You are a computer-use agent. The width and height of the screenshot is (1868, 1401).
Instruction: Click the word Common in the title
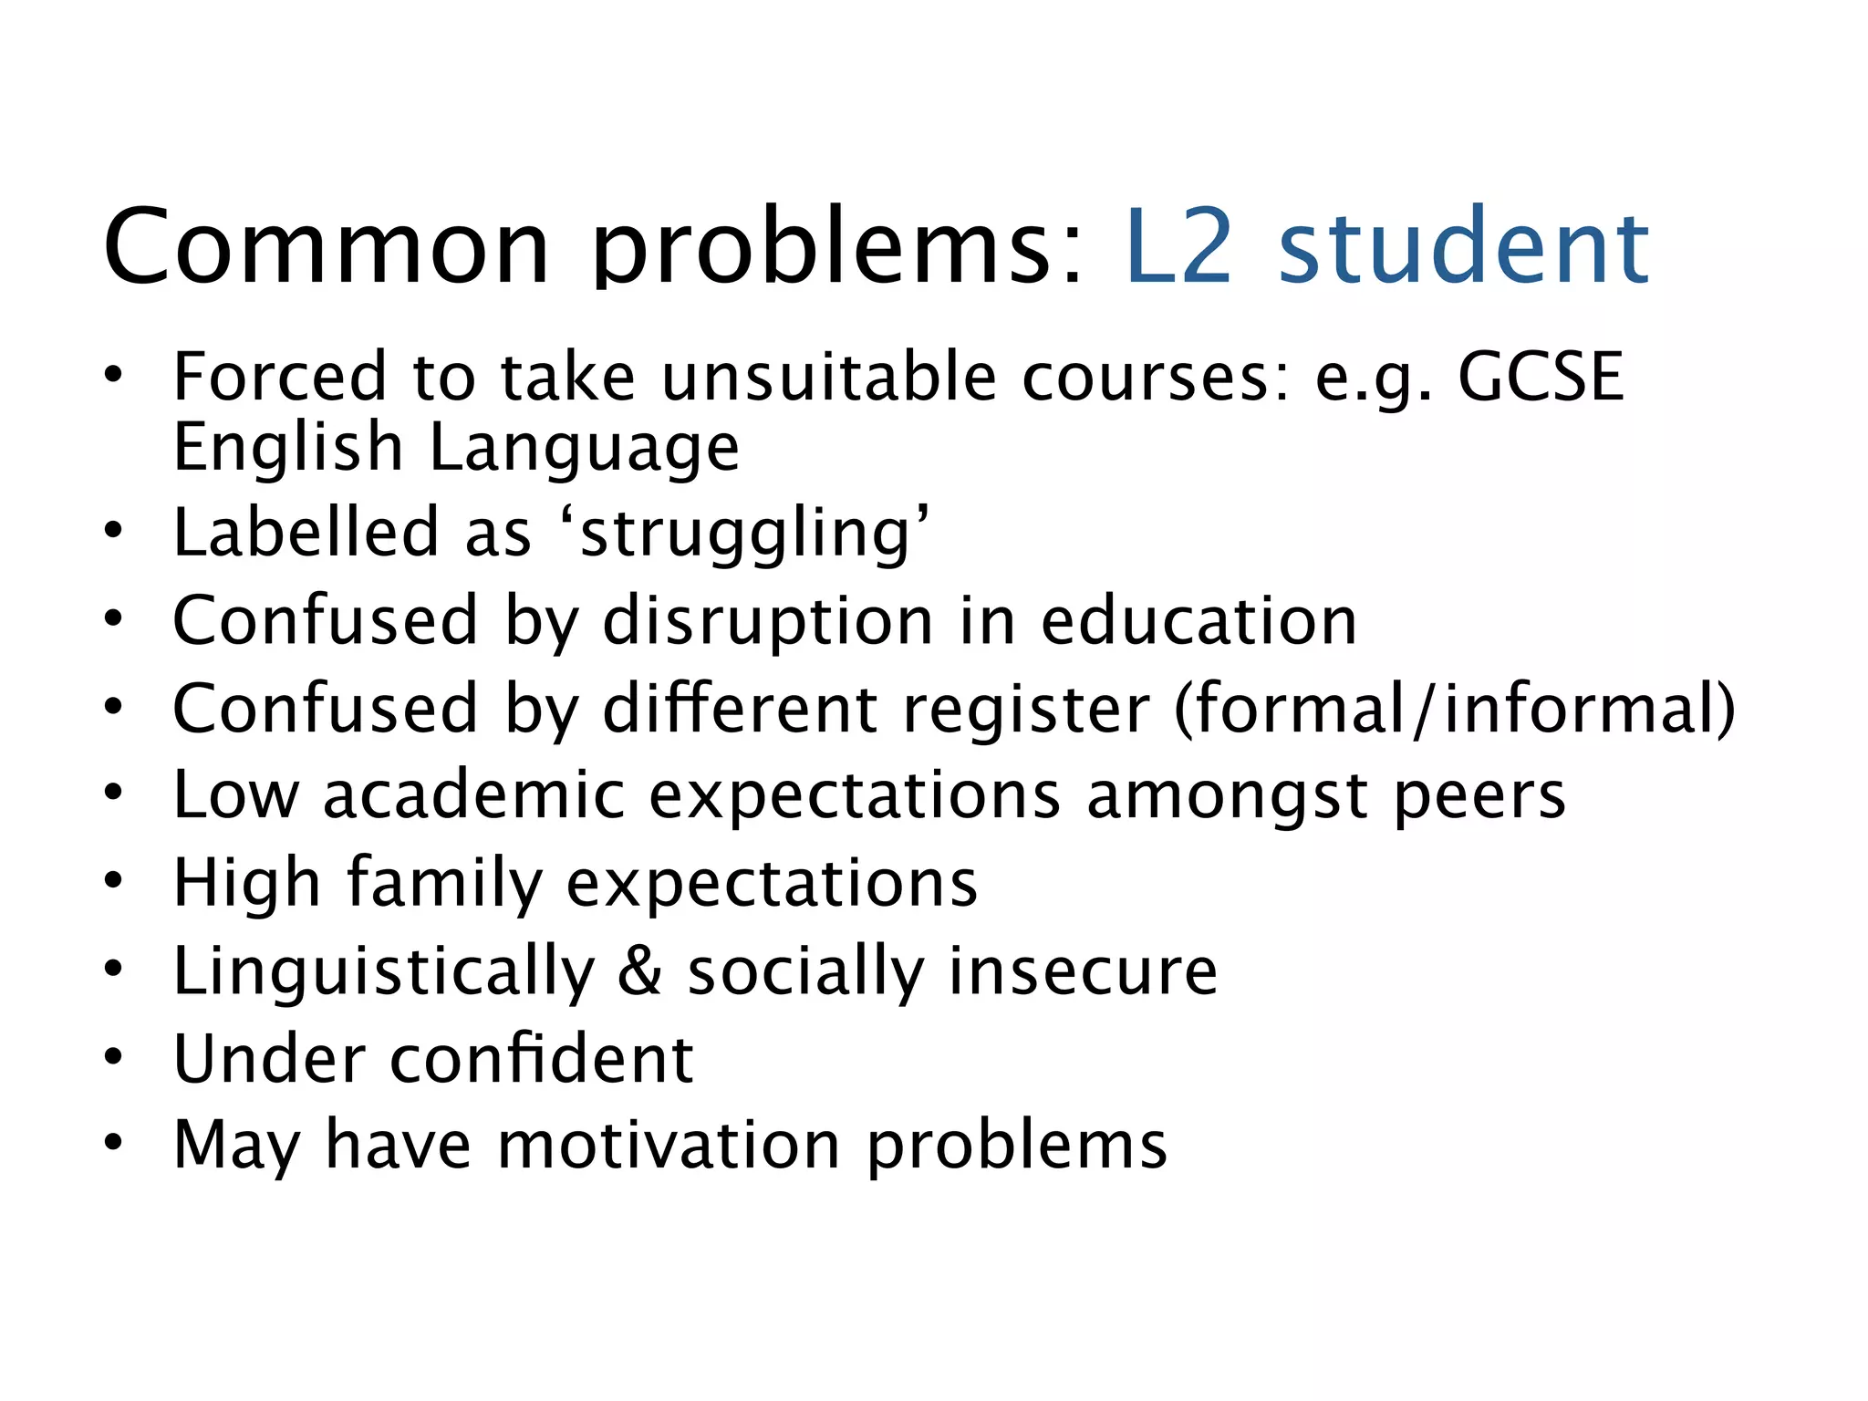coord(327,246)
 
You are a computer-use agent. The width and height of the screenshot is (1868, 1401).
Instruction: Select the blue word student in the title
coord(1463,246)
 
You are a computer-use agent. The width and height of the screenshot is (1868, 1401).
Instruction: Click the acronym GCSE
coord(1541,376)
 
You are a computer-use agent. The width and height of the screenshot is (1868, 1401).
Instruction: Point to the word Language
coord(584,449)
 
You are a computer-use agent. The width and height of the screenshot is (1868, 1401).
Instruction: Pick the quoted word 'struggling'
coord(743,534)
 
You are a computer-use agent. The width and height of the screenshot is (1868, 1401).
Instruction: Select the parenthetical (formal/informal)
coord(1455,709)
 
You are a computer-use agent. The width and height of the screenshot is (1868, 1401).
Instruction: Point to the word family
coord(444,883)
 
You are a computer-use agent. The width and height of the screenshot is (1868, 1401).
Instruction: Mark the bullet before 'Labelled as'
coord(112,530)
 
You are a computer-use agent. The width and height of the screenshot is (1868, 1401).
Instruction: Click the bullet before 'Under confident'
coord(112,1057)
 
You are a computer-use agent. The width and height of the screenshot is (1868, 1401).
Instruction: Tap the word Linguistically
coord(384,971)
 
